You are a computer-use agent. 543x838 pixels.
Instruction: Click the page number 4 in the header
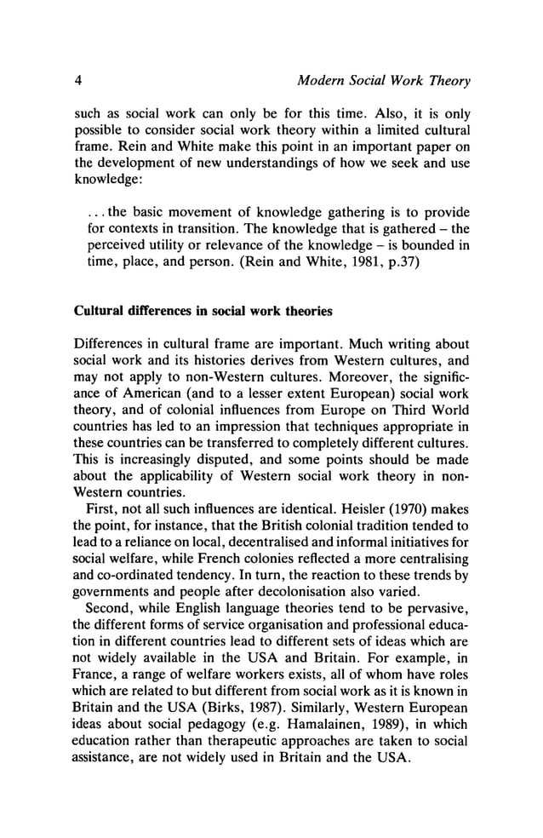(x=77, y=82)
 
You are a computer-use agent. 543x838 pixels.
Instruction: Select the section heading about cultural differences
(x=203, y=311)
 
